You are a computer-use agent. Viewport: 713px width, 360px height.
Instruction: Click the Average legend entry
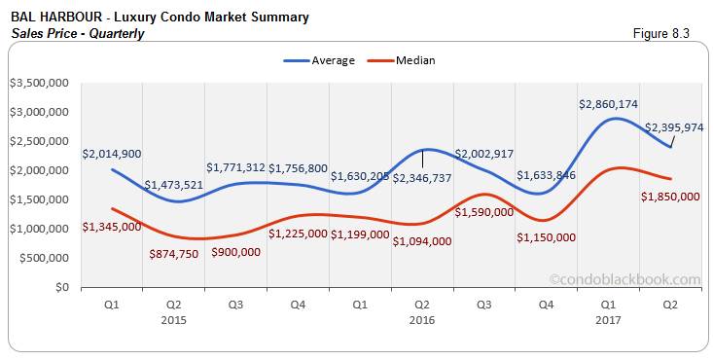coord(327,60)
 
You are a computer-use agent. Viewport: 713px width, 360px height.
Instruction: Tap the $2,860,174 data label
coord(610,103)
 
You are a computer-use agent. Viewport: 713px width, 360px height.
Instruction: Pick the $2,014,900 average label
coord(111,154)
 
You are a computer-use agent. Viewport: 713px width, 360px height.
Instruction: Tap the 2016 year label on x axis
coord(420,318)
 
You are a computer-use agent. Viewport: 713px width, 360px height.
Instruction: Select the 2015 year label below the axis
coord(174,318)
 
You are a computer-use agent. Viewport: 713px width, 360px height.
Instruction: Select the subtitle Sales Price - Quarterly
coord(78,33)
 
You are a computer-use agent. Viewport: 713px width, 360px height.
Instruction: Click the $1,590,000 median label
coord(483,211)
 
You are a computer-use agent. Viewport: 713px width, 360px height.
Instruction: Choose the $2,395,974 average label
coord(672,126)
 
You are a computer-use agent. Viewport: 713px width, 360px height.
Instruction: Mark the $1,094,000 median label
coord(421,240)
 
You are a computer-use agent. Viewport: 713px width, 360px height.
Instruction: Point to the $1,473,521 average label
coord(174,184)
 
